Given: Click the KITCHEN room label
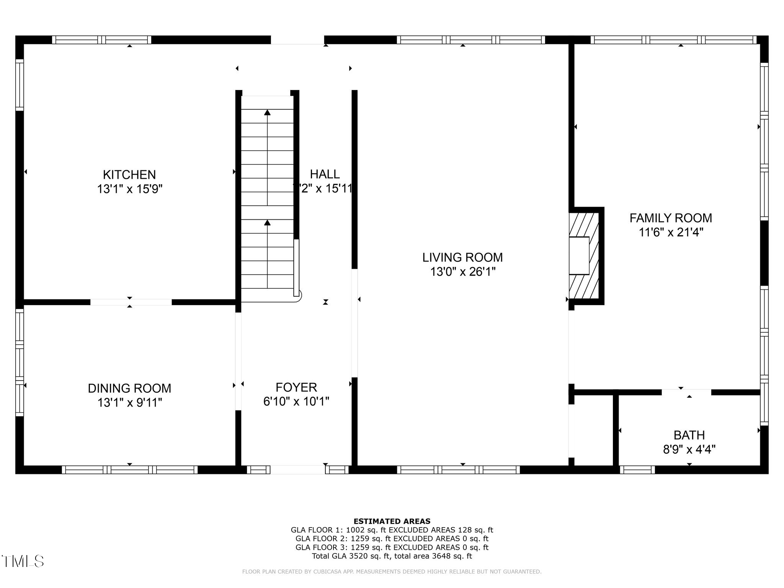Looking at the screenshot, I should tap(129, 175).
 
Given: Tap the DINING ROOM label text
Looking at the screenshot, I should tap(129, 388).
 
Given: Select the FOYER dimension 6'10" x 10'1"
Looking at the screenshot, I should tap(296, 402).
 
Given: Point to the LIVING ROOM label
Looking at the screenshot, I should tap(462, 257).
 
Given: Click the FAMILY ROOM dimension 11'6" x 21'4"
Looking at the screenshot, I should tap(671, 232).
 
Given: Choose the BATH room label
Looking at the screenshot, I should tap(689, 435).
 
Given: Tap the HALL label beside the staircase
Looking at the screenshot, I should tap(325, 174).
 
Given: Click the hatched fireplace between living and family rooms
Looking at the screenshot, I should tap(584, 256).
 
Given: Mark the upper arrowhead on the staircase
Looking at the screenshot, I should tap(267, 113).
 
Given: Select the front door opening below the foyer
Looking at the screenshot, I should tap(298, 470).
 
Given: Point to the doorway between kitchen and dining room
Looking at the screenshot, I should tap(131, 302).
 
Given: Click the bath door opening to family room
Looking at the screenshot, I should tap(686, 392).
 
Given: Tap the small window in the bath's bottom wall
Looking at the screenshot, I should tap(637, 470).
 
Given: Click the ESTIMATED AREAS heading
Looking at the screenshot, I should tap(392, 521).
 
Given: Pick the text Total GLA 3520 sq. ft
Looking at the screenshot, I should tap(351, 556).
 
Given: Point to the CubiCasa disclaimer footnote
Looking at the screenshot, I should tap(392, 572).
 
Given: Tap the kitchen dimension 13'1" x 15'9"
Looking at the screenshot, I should tap(129, 189).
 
